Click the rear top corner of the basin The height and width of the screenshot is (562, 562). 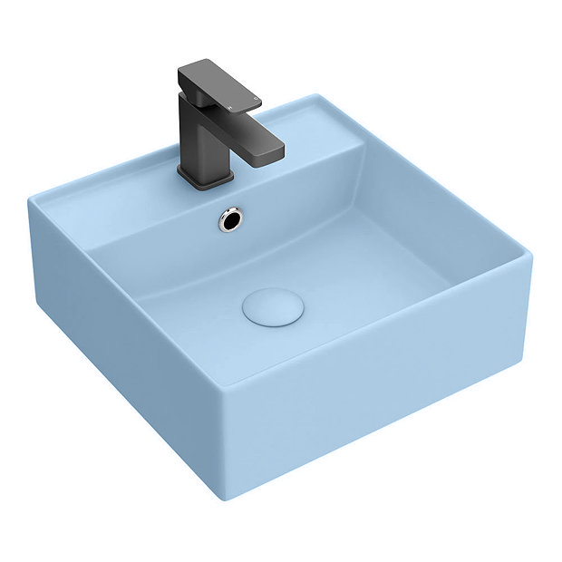(317, 94)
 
